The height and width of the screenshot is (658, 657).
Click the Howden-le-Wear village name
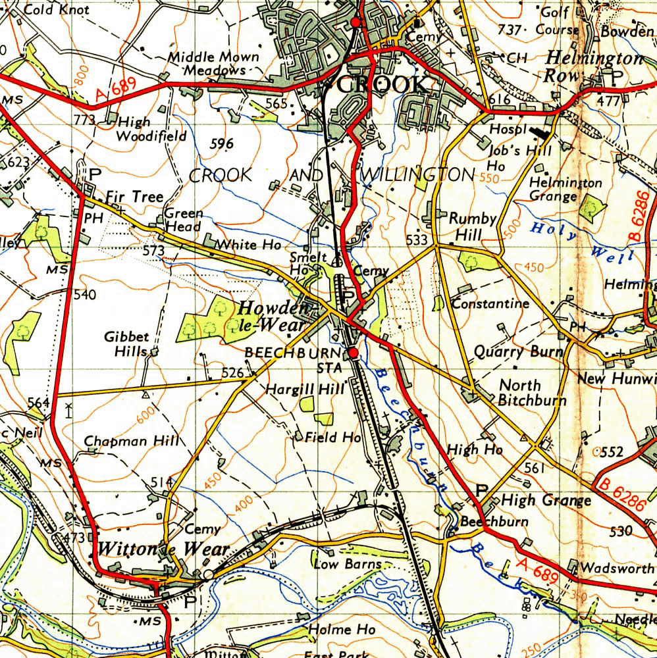(x=273, y=316)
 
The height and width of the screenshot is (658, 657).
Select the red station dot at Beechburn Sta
(x=354, y=354)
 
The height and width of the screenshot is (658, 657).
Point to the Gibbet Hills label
(x=126, y=344)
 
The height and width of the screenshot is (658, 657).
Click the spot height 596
(x=221, y=144)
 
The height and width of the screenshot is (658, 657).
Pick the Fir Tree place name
(x=134, y=197)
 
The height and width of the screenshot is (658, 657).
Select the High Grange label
(x=546, y=501)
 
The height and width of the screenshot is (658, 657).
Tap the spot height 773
(x=85, y=120)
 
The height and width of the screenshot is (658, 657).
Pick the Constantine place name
(x=490, y=303)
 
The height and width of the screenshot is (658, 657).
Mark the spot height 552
(x=611, y=452)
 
